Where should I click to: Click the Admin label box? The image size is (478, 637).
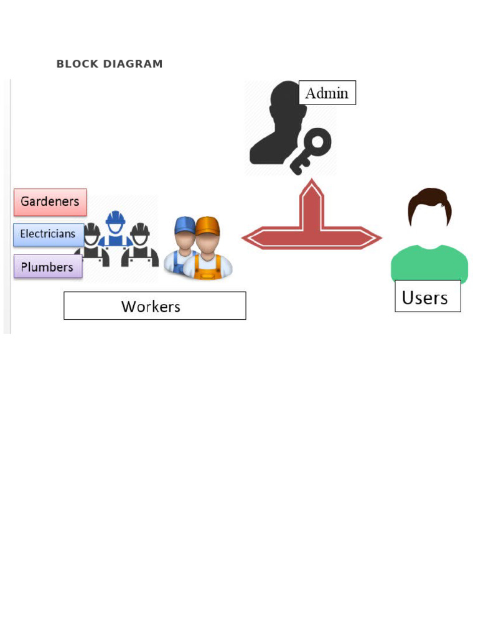point(327,93)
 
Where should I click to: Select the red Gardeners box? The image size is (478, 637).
point(50,202)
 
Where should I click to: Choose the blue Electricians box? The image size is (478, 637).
point(49,235)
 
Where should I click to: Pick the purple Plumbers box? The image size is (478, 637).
point(48,267)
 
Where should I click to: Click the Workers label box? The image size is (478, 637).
point(154,306)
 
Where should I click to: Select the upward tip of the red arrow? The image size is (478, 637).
point(312,184)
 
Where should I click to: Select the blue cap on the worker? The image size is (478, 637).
point(184,225)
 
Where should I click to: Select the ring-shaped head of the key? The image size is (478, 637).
point(318,142)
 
